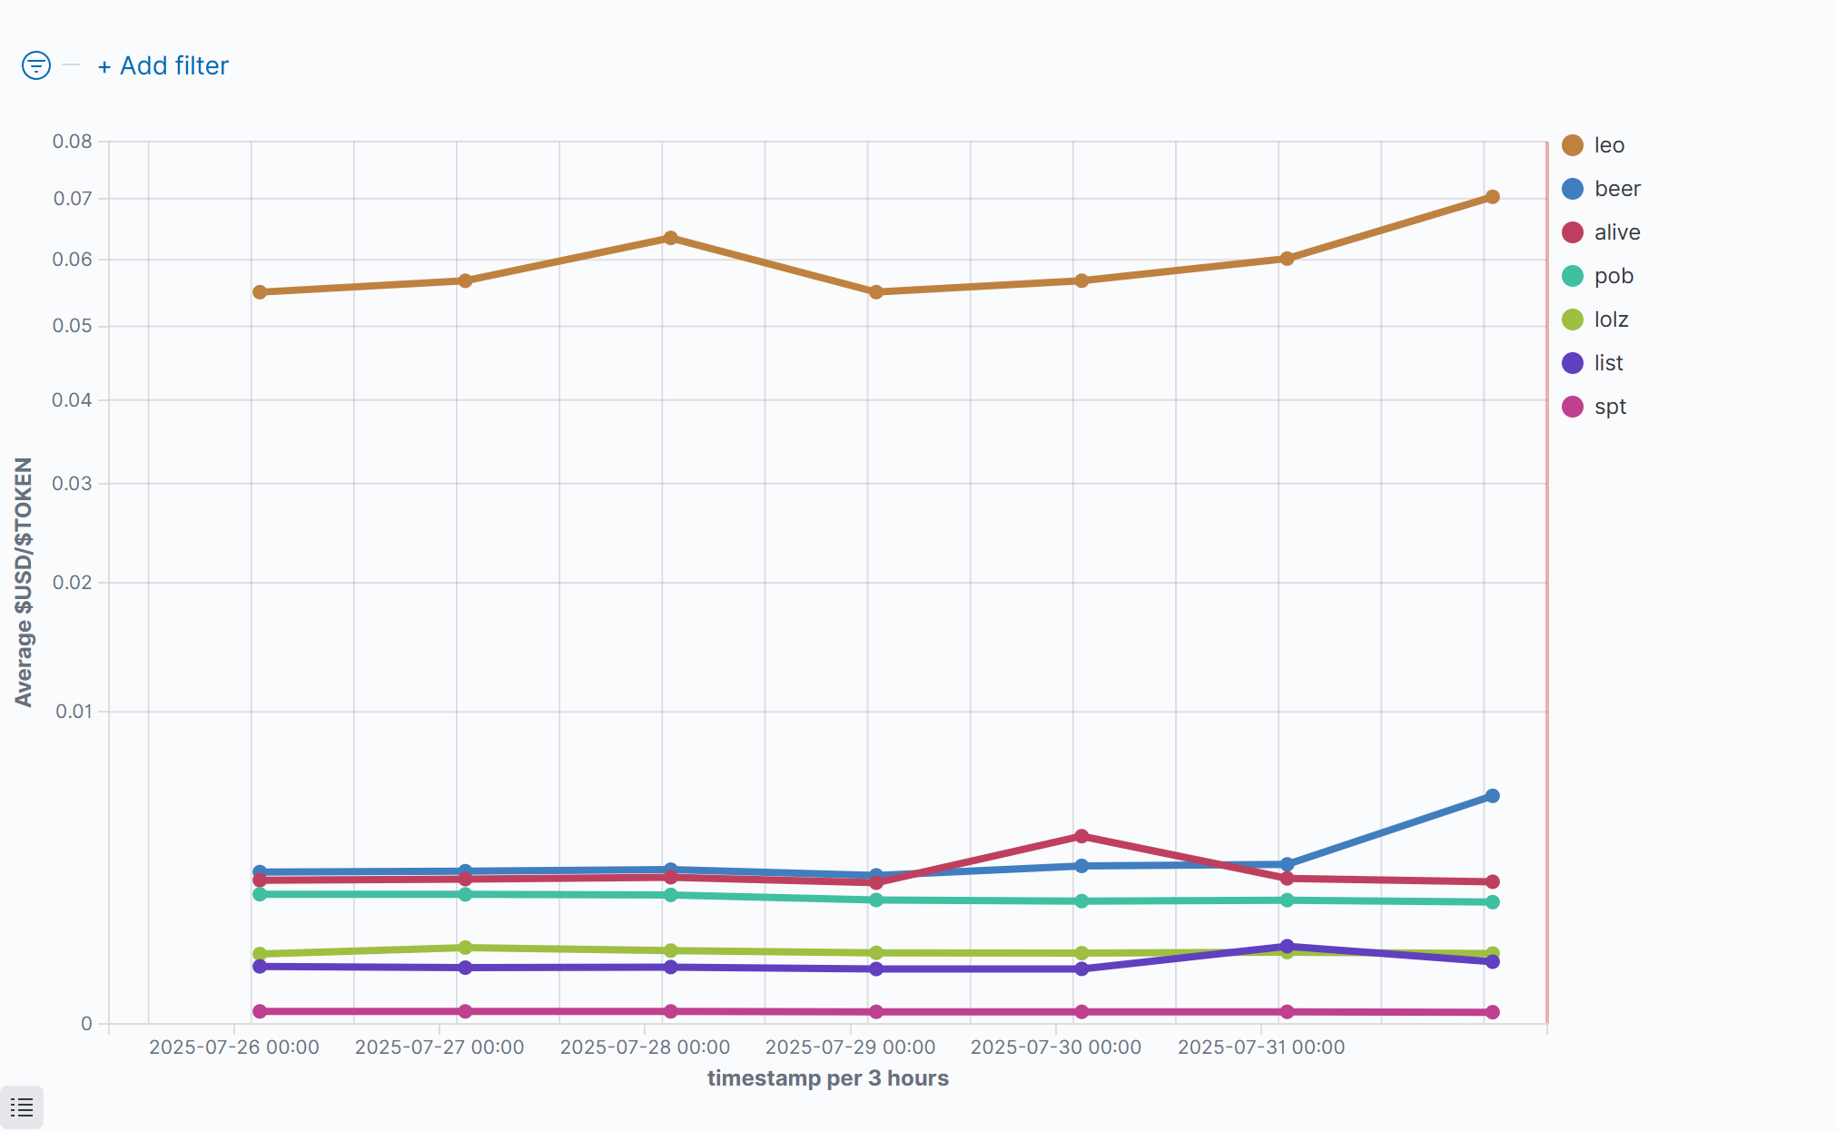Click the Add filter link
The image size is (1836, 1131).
[163, 66]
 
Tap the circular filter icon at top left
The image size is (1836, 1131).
[36, 65]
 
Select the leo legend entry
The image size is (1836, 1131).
[1608, 145]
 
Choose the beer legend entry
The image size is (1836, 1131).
[1616, 189]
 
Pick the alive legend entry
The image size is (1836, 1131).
[1616, 232]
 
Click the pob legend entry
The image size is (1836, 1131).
[1613, 276]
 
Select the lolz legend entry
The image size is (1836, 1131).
[1610, 320]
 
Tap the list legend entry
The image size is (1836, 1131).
[1607, 363]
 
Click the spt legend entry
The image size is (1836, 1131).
[1609, 407]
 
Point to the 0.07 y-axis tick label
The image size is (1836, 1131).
[73, 199]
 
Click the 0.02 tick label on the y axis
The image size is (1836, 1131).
[73, 583]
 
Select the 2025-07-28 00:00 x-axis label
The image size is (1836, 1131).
[645, 1047]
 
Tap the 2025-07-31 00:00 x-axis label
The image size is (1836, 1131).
[1261, 1047]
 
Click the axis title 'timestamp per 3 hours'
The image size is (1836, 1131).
[827, 1078]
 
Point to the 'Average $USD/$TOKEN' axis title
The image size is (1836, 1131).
[24, 582]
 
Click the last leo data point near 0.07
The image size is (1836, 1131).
[1492, 197]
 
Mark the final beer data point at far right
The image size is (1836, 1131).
[1492, 796]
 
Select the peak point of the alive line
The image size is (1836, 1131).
[1081, 836]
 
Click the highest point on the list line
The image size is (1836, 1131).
[1287, 946]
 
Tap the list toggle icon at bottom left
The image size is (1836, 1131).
[22, 1107]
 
